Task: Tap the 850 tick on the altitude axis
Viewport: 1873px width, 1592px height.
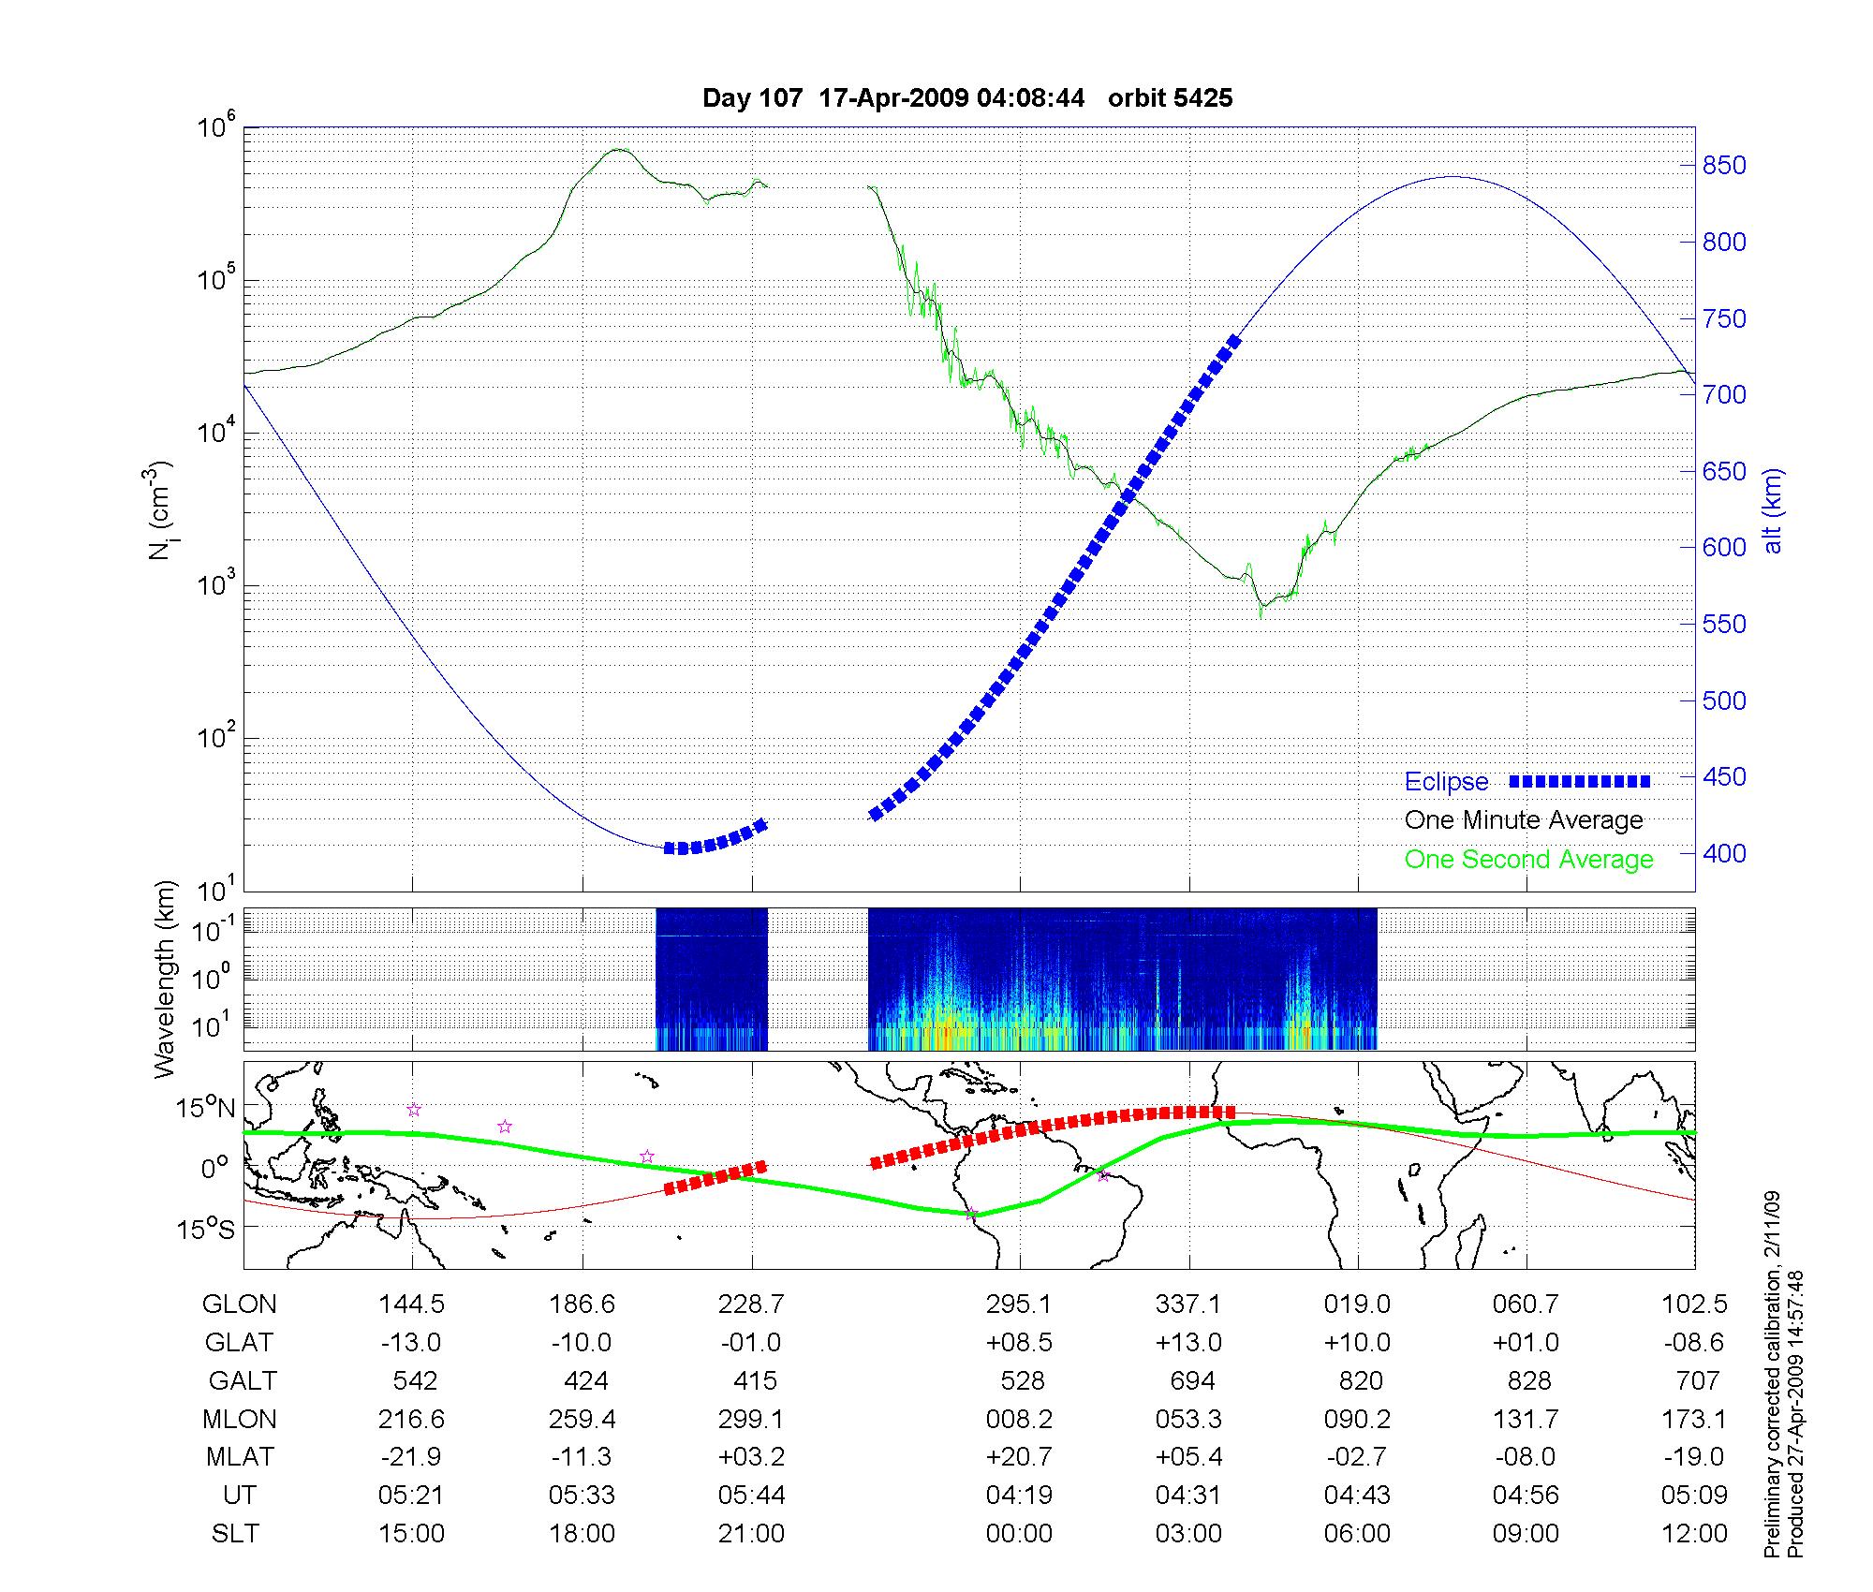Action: coord(1724,166)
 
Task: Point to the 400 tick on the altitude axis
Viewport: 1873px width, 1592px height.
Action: coord(1724,854)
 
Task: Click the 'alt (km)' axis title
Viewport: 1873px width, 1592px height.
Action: coord(1773,510)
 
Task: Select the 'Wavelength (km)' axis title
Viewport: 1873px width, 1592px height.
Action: coord(165,980)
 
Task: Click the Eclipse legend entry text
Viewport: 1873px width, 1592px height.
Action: coord(1446,782)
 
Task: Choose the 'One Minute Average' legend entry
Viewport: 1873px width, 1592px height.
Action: coord(1524,820)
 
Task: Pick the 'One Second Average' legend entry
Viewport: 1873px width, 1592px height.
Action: coord(1528,860)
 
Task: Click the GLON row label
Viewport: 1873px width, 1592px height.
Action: coord(239,1305)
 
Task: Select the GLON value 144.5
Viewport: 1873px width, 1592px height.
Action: coord(411,1305)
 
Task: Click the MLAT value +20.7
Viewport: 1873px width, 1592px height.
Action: coord(1019,1457)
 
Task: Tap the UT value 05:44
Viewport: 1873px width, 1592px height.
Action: coord(751,1496)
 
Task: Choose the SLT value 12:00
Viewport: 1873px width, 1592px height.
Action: coord(1694,1534)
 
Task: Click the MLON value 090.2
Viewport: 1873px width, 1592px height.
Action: coord(1357,1420)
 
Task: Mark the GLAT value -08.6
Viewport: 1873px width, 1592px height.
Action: coord(1694,1343)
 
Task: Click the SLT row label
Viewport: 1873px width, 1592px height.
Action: coord(235,1534)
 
